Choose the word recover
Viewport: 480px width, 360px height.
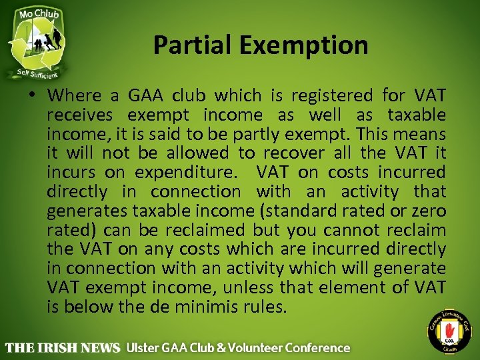pos(292,153)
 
